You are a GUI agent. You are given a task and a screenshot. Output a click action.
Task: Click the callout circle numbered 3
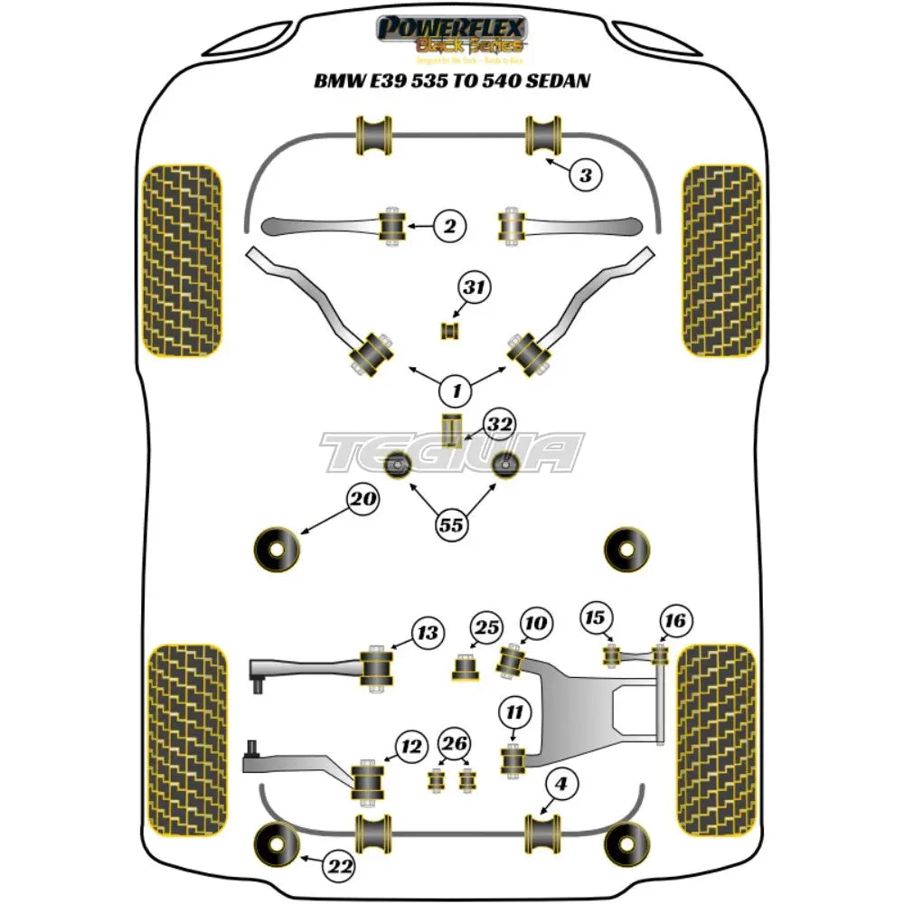click(586, 175)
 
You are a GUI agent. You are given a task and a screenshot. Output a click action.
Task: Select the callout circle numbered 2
click(448, 227)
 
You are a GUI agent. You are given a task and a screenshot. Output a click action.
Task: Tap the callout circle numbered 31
click(474, 289)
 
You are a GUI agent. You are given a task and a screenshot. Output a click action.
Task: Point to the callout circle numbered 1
click(457, 391)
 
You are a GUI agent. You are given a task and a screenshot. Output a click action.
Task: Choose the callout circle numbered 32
click(498, 424)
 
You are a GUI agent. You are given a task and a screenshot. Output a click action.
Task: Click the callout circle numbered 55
click(454, 523)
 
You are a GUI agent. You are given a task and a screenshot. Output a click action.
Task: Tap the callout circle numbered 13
click(428, 633)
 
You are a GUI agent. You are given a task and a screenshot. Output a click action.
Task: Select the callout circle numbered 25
click(488, 627)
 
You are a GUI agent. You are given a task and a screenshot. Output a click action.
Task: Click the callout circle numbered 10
click(535, 623)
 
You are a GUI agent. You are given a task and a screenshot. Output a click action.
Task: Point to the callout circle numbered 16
click(675, 620)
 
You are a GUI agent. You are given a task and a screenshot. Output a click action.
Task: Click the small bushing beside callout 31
click(450, 331)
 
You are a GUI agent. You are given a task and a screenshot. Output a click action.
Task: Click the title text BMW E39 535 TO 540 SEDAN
click(451, 81)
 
